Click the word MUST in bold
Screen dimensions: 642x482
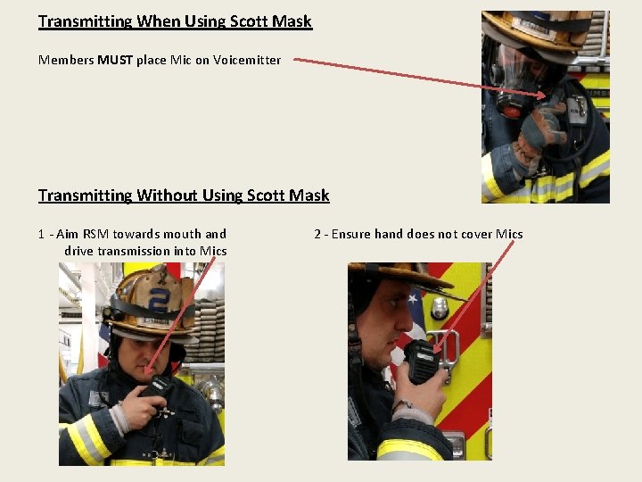click(x=115, y=61)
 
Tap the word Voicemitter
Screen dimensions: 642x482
click(x=247, y=61)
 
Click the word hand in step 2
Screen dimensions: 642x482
click(x=390, y=234)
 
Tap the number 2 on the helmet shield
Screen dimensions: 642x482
click(x=158, y=302)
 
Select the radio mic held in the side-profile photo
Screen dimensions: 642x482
click(x=422, y=361)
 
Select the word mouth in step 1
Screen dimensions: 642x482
click(x=182, y=234)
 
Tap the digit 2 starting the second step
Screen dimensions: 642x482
click(x=317, y=235)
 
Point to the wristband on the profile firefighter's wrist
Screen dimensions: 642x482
click(x=401, y=406)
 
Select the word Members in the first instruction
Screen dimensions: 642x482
click(x=66, y=61)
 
